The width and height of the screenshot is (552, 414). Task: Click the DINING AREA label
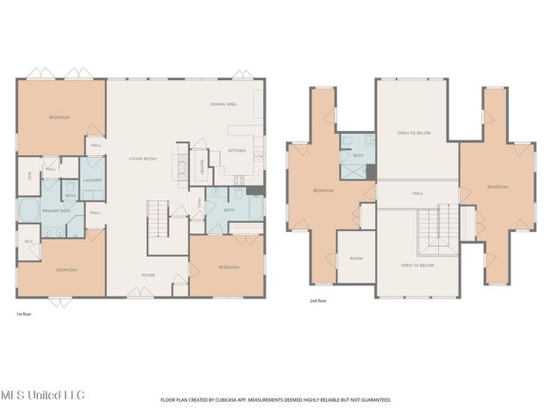223,104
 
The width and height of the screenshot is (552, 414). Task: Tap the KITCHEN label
237,151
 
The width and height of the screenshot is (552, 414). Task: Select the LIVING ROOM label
141,159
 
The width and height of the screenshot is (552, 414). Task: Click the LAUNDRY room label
92,180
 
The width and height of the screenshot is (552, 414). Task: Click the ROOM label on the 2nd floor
355,258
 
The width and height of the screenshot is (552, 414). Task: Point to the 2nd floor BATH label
357,155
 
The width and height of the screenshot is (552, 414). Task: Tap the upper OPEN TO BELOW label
414,134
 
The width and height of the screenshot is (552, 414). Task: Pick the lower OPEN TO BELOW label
417,266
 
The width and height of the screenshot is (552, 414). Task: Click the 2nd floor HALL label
417,193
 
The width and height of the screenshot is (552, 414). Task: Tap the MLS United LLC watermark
42,394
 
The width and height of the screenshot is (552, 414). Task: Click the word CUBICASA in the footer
248,400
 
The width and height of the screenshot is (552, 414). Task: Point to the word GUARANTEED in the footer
373,400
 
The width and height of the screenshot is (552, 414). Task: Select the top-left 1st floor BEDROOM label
59,117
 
